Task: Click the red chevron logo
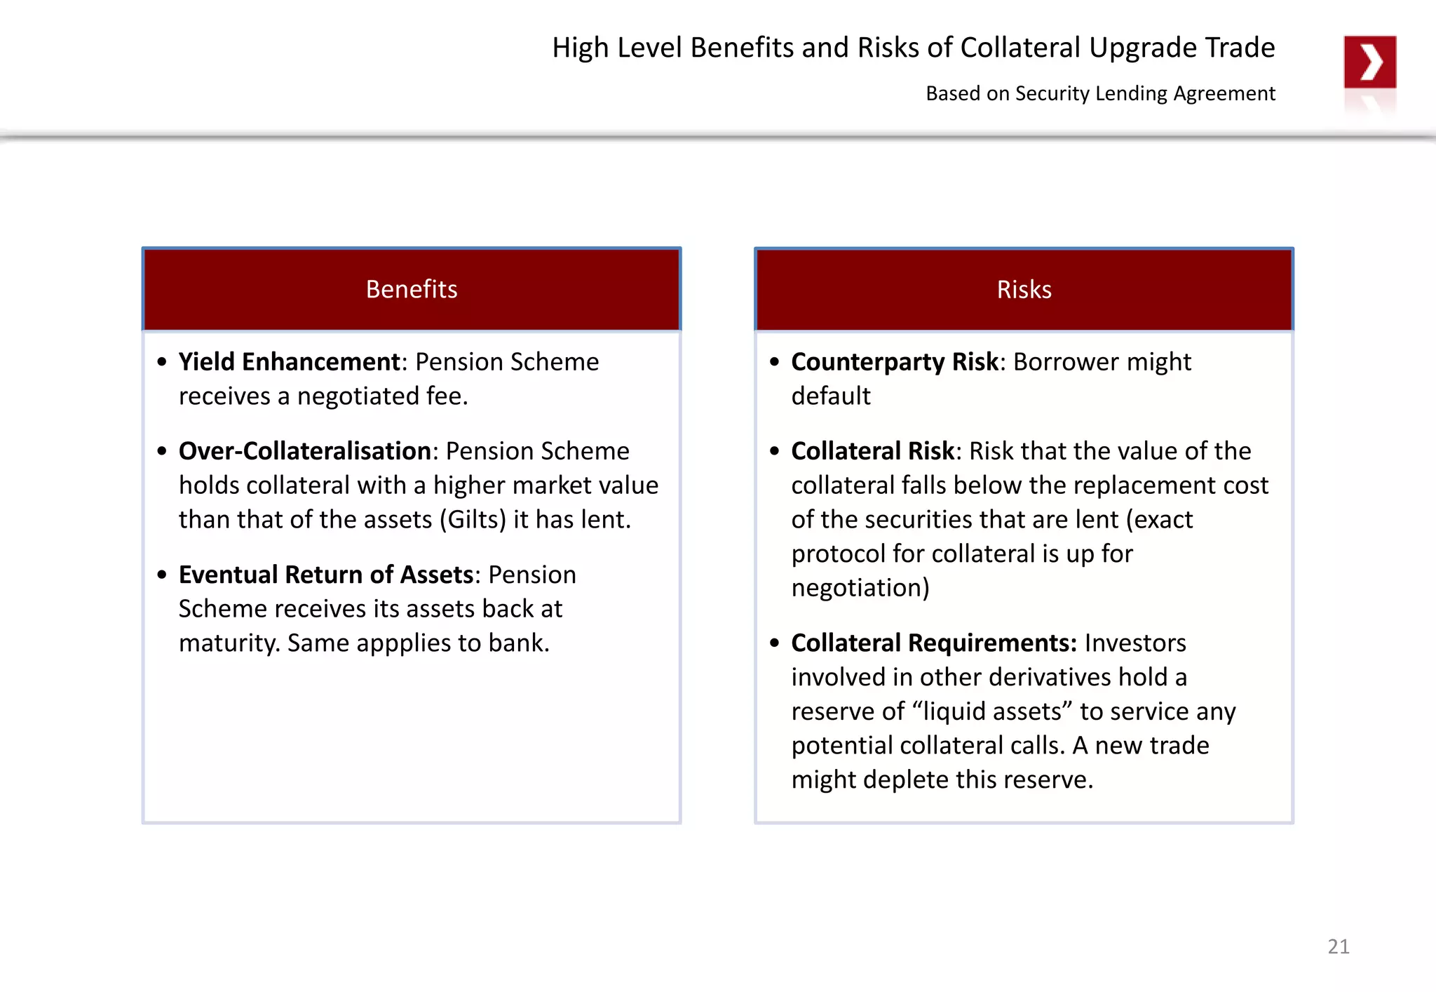coord(1369,62)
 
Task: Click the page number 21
coord(1338,946)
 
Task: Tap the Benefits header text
coord(412,289)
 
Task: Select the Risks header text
coord(1024,290)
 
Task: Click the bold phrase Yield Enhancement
coord(289,362)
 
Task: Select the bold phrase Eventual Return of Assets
coord(326,575)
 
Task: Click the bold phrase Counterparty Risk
coord(894,362)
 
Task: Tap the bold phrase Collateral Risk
coord(872,451)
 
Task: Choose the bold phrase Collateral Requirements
coord(933,643)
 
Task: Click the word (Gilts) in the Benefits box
coord(473,520)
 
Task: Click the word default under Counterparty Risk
coord(831,396)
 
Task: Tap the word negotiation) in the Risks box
coord(860,588)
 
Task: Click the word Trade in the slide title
coord(1240,48)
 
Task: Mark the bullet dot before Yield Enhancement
coord(162,362)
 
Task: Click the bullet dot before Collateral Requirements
coord(774,643)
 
